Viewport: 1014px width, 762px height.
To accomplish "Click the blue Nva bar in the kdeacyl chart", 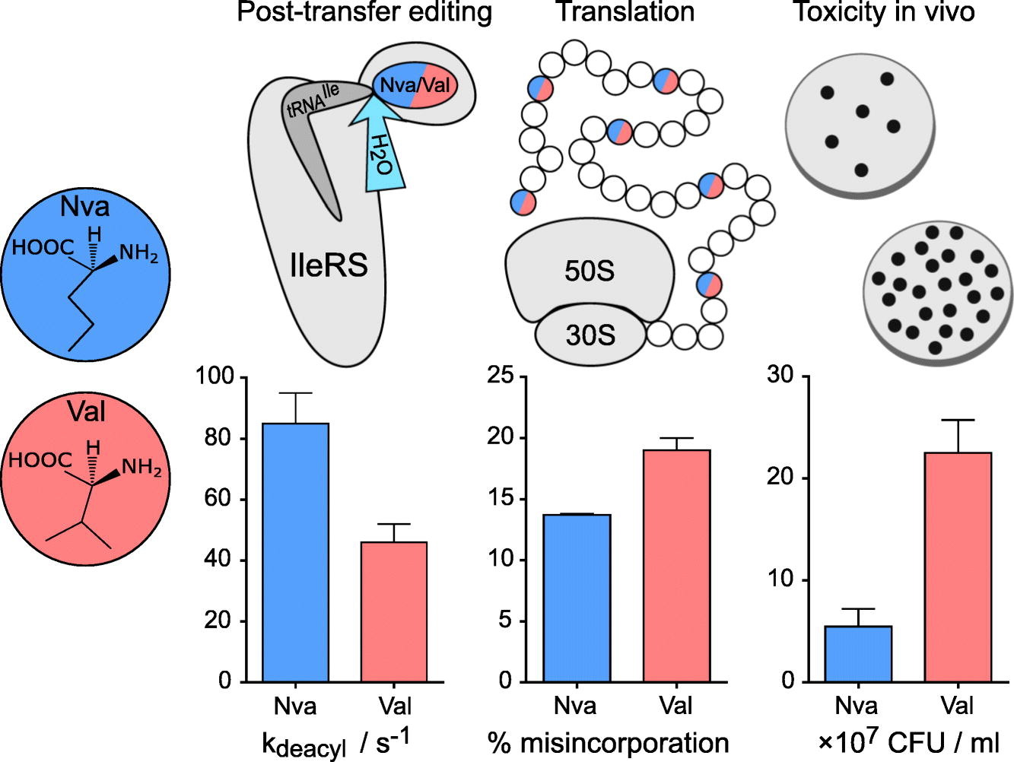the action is pyautogui.click(x=295, y=552).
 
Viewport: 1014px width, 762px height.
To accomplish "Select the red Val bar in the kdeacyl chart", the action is pyautogui.click(x=394, y=612).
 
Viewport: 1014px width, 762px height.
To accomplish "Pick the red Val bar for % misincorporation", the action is pyautogui.click(x=676, y=566).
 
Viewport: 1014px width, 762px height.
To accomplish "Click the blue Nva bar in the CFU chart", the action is pyautogui.click(x=858, y=654).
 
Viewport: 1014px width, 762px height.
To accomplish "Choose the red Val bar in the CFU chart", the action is pyautogui.click(x=958, y=567).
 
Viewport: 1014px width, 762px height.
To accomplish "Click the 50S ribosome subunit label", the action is pyautogui.click(x=590, y=271).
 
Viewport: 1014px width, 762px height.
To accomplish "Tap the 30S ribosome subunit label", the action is pyautogui.click(x=590, y=335).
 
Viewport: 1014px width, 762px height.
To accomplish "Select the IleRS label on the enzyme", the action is pyautogui.click(x=329, y=265).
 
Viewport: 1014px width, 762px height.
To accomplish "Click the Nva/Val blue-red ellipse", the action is pyautogui.click(x=415, y=87).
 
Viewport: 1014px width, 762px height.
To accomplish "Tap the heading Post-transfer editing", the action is pyautogui.click(x=364, y=11).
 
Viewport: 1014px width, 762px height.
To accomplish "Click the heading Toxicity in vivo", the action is pyautogui.click(x=883, y=11).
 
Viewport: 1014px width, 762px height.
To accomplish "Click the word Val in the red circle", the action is pyautogui.click(x=86, y=411).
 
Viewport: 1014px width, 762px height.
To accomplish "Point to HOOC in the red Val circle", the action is pyautogui.click(x=40, y=460).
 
